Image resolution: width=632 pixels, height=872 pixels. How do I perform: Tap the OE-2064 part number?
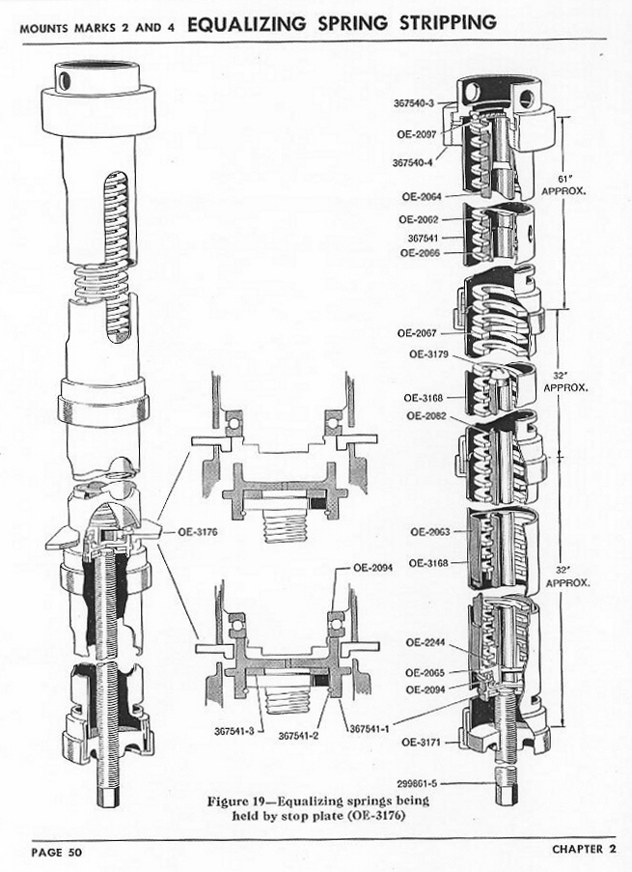pos(421,197)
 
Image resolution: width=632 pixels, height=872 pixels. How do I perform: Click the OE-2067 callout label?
pos(417,333)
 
